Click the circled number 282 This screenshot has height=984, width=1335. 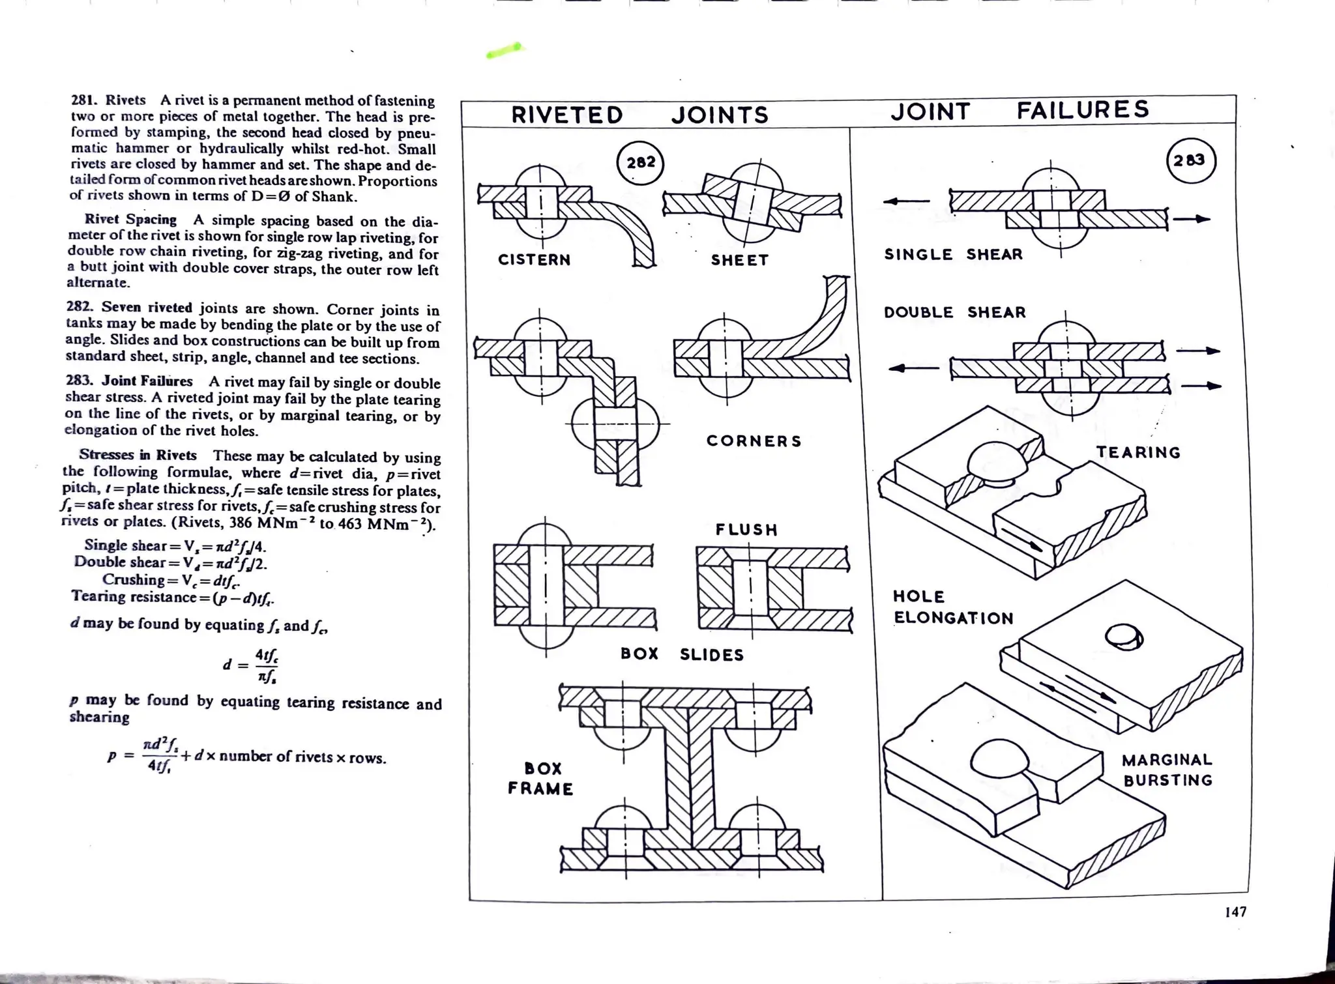point(640,163)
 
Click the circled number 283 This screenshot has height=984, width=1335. point(1190,160)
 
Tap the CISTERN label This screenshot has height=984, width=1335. point(534,260)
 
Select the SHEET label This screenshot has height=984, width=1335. point(739,261)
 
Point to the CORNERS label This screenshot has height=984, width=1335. point(754,441)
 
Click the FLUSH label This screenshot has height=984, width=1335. point(746,530)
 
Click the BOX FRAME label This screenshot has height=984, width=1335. point(540,779)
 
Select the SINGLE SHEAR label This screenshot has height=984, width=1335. point(953,255)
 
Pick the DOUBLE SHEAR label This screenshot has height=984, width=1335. point(954,313)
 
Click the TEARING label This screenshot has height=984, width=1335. point(1137,453)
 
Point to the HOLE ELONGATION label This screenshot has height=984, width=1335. point(952,607)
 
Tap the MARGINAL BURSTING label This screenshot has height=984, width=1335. point(1167,770)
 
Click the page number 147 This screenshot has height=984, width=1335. point(1235,912)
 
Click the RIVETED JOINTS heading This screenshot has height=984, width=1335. point(639,115)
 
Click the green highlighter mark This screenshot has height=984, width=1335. point(504,51)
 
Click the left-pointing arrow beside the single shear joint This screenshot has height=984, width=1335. point(905,201)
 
